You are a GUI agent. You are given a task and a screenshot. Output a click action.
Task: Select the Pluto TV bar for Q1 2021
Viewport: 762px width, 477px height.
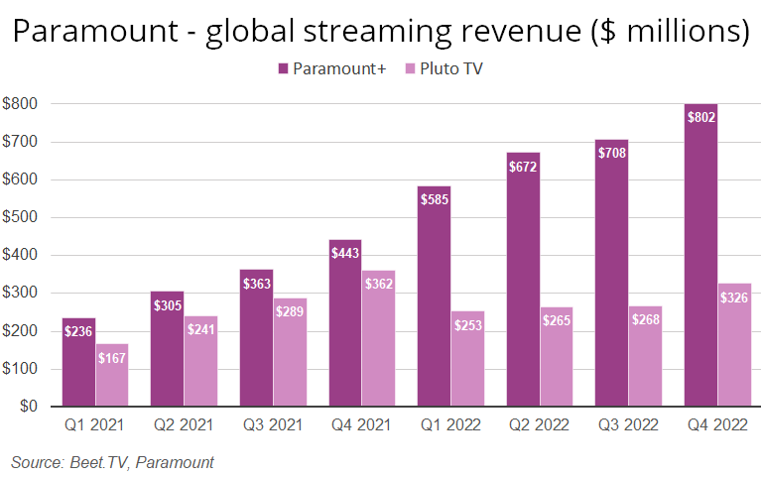(113, 382)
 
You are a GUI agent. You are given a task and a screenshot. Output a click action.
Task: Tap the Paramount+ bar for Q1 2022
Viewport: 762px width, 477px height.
(434, 298)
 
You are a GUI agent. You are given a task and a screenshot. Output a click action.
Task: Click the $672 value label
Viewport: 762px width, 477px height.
(523, 166)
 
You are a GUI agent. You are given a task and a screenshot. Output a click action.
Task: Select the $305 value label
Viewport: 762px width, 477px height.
(167, 305)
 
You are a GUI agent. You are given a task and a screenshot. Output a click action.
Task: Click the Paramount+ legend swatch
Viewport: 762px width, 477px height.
(283, 68)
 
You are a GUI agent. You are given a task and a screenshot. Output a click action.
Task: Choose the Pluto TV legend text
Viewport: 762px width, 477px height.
(452, 68)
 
